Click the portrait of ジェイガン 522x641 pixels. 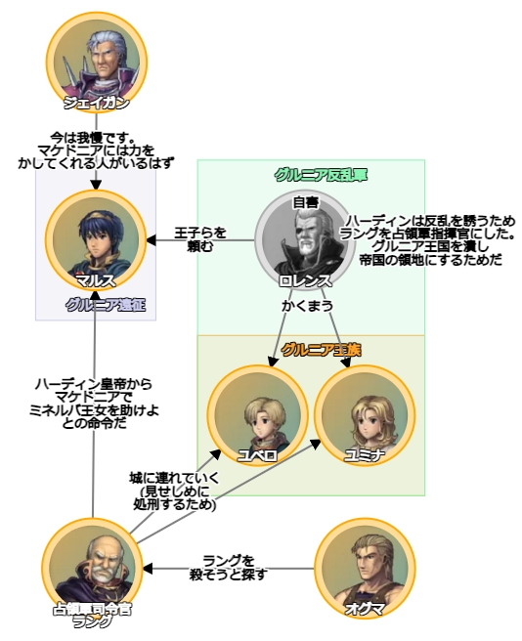[x=97, y=63]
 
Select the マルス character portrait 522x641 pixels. [x=96, y=240]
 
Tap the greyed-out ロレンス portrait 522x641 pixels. [x=305, y=240]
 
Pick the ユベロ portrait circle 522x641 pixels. [x=258, y=415]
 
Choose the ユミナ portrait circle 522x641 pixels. [x=365, y=415]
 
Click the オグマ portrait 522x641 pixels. [x=365, y=569]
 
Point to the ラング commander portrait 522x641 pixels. [x=93, y=569]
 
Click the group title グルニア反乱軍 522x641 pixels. [x=322, y=175]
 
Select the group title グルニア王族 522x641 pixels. [x=322, y=350]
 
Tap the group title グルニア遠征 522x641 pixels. [x=106, y=305]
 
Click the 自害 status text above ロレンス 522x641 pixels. [x=305, y=202]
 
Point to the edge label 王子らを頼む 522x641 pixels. [x=200, y=239]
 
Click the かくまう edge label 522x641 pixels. [x=307, y=306]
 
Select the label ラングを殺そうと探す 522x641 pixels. [x=229, y=568]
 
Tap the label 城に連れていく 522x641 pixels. [x=174, y=478]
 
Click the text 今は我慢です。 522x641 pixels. [x=93, y=137]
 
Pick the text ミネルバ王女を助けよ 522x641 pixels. [x=94, y=410]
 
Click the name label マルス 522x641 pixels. [x=96, y=281]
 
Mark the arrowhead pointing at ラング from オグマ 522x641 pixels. [x=148, y=569]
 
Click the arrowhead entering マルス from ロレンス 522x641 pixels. [x=152, y=240]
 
